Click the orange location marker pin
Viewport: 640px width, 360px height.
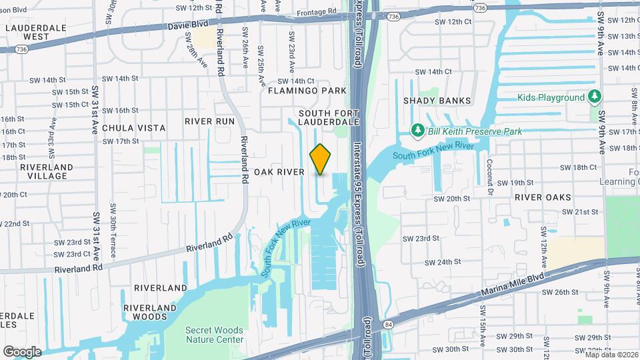click(x=321, y=159)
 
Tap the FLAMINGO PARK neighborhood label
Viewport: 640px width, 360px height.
click(x=307, y=91)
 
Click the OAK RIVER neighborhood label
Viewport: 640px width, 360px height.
click(x=279, y=172)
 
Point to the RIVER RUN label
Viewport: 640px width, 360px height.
click(x=211, y=121)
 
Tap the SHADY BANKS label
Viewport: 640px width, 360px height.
click(x=437, y=101)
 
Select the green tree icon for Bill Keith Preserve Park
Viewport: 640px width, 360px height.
click(x=418, y=129)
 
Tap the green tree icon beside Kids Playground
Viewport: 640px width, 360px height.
click(x=595, y=97)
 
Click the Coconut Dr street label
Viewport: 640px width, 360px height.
click(x=490, y=177)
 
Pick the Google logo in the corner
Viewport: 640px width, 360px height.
click(x=22, y=351)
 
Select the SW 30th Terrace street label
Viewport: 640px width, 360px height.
click(x=113, y=237)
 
